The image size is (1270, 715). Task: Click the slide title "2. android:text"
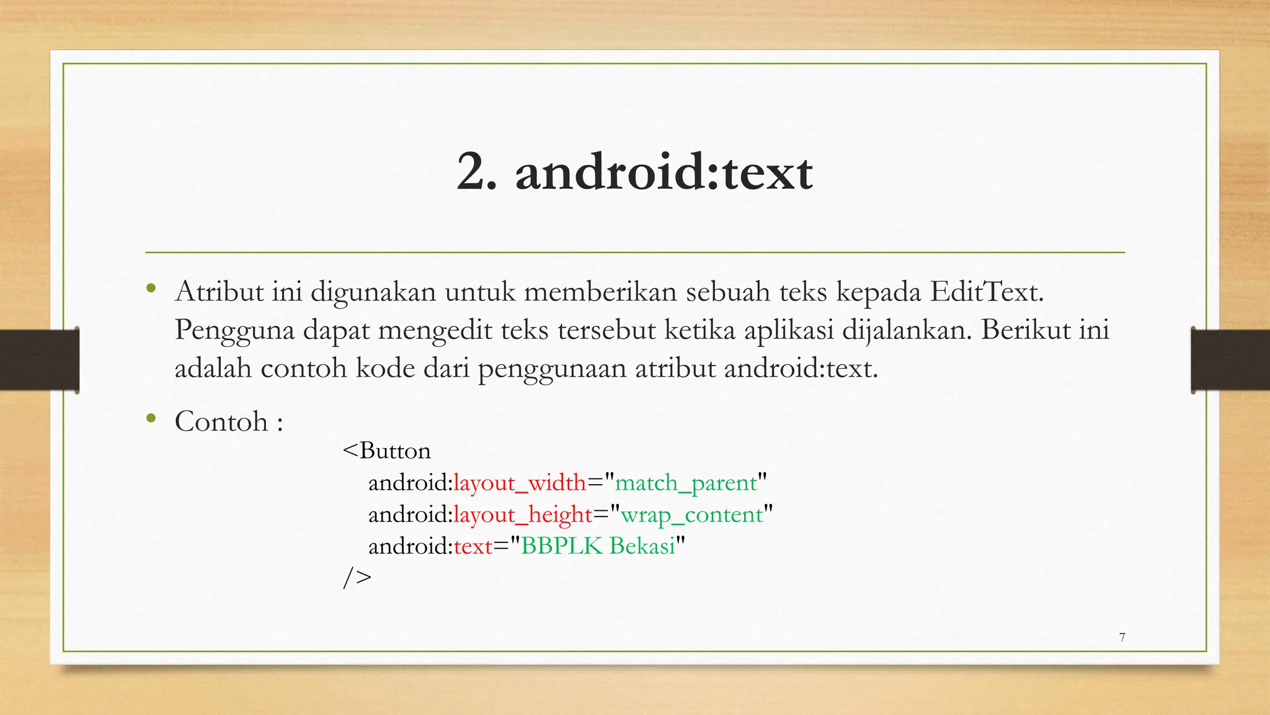point(634,173)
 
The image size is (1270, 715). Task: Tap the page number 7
point(1122,637)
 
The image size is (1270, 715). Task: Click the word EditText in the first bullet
point(986,292)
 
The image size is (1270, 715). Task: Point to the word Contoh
point(221,422)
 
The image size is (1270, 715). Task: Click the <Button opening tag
point(386,451)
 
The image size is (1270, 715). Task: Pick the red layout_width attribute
point(520,483)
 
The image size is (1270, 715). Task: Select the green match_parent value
point(686,483)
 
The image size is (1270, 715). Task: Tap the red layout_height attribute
point(523,515)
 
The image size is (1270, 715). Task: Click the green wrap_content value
point(691,515)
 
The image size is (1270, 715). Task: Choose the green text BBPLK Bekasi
point(598,546)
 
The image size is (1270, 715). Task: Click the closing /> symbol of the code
point(357,578)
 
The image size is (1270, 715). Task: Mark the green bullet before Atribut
point(151,288)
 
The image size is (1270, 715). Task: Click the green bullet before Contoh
point(151,418)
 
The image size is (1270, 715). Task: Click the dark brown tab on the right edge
point(1230,360)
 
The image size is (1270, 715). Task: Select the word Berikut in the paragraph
point(1025,330)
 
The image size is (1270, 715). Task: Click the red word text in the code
point(473,546)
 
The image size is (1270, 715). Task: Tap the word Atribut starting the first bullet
point(219,292)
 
